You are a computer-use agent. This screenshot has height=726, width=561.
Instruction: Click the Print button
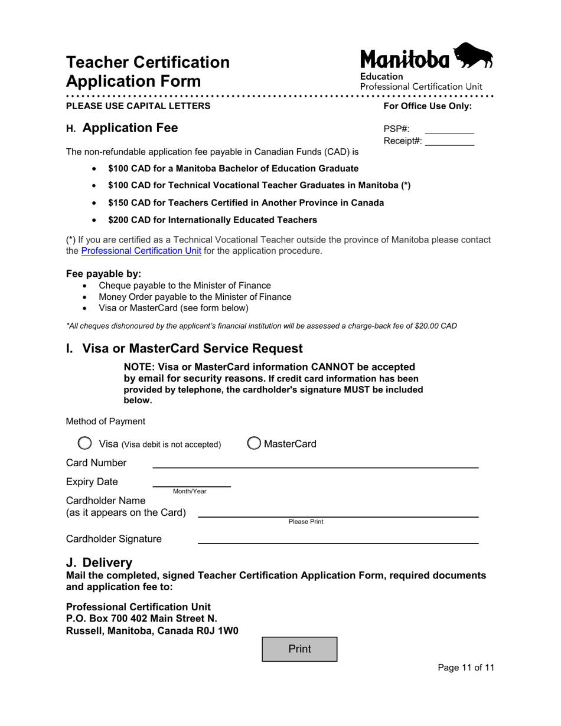click(x=299, y=649)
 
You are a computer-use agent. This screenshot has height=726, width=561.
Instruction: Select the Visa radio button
click(x=85, y=443)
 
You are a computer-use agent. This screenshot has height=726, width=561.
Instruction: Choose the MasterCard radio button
click(x=254, y=443)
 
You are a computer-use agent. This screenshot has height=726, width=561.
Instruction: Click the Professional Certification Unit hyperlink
click(x=141, y=251)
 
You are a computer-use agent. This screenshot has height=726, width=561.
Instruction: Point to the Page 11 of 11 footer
click(x=465, y=668)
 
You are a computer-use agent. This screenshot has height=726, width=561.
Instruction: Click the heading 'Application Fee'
click(x=130, y=128)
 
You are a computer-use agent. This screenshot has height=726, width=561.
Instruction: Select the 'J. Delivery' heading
click(x=99, y=563)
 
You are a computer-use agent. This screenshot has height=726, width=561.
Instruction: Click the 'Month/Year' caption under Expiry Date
click(x=190, y=492)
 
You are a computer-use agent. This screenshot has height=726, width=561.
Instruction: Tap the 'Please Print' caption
click(x=306, y=522)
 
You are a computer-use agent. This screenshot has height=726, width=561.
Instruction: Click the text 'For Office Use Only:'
click(x=428, y=106)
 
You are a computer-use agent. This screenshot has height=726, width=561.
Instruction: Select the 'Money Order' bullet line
click(x=195, y=297)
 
